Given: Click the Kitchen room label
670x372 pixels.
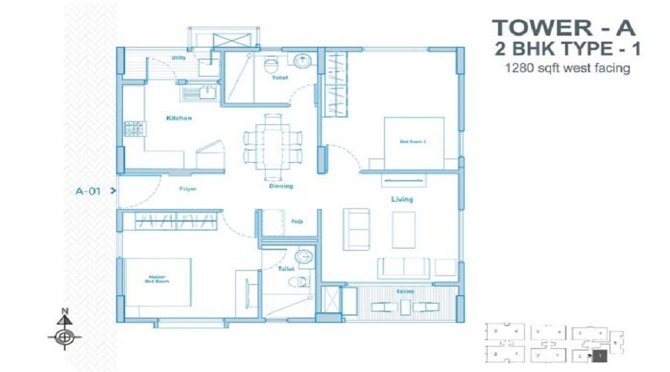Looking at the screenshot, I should coord(179,118).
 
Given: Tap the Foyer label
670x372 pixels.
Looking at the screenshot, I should coord(188,189).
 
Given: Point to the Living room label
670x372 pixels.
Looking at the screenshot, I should coord(402,199).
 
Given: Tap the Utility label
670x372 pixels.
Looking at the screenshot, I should coord(179,57).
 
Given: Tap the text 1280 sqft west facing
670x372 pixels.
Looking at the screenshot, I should coord(567,68).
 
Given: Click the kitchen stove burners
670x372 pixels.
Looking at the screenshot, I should coord(135,129).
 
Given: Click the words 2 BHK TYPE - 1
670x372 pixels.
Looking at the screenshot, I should coord(567,50).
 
